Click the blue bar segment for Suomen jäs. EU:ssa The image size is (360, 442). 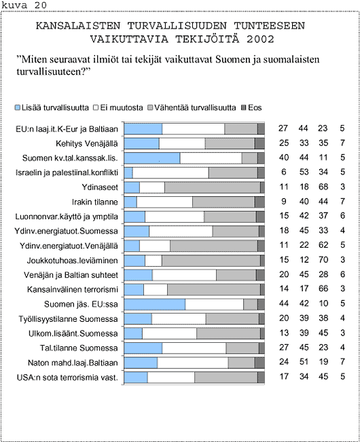(155, 304)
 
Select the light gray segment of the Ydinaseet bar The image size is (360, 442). (213, 187)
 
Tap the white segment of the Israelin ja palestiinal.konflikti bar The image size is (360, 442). (170, 173)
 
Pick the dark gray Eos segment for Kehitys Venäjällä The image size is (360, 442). (259, 143)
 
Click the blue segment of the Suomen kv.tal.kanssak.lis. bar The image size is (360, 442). (152, 158)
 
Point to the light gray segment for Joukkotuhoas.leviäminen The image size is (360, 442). (211, 261)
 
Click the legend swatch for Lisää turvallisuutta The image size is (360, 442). (18, 108)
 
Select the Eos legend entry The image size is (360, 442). (252, 108)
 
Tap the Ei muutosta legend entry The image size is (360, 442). (118, 108)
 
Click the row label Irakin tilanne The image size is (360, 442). (94, 202)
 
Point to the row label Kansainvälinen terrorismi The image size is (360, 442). (73, 289)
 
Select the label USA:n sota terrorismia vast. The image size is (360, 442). (67, 377)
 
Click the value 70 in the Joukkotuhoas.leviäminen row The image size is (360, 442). (323, 259)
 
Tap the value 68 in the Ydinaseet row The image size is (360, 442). (323, 187)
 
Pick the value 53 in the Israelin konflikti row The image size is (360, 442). (304, 172)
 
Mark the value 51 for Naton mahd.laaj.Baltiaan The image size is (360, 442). (304, 362)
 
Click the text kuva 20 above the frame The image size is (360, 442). (24, 5)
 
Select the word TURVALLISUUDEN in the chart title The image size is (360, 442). (177, 26)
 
